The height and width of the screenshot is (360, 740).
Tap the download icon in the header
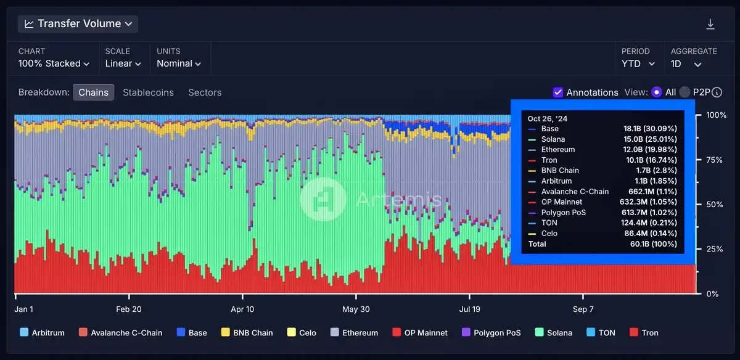(710, 24)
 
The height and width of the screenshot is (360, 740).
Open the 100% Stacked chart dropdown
(54, 63)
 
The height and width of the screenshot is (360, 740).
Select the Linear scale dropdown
(123, 63)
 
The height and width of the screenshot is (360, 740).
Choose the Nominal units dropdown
(179, 63)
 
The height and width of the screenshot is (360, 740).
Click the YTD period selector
(639, 63)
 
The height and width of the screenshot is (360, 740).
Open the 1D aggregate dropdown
(686, 63)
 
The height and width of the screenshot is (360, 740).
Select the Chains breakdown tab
(93, 92)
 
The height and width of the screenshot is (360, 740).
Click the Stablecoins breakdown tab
(148, 92)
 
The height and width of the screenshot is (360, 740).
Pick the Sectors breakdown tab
(205, 92)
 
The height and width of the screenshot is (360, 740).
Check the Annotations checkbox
(558, 92)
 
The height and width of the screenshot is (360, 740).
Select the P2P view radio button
(684, 92)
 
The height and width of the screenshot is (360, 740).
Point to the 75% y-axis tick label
(712, 160)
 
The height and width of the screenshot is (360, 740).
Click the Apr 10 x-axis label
(242, 309)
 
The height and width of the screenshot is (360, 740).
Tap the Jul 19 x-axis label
(469, 309)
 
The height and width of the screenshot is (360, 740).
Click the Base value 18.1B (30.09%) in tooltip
(650, 129)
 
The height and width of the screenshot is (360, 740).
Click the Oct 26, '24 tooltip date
(547, 118)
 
